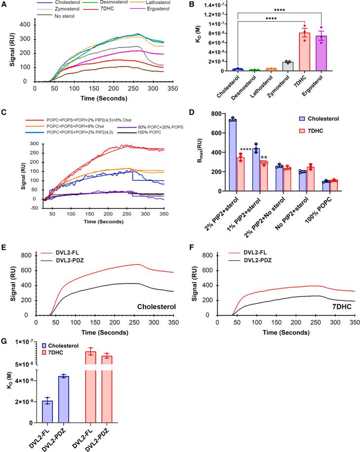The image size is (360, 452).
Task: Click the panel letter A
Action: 4,4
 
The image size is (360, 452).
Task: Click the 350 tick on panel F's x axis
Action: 353,320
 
